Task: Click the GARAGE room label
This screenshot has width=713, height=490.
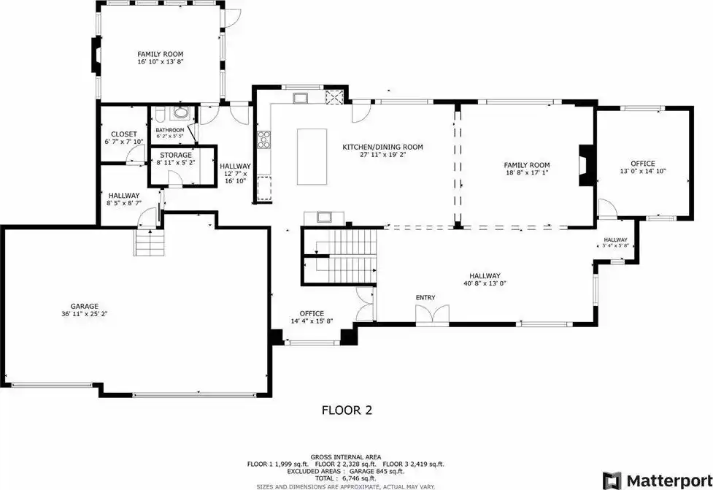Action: tap(84, 306)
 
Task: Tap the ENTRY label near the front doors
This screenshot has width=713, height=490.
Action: tap(425, 297)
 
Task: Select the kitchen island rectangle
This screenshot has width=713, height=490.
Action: tap(312, 156)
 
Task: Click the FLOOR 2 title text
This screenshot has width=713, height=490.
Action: tap(347, 410)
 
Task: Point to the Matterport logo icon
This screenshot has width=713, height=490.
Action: tap(612, 481)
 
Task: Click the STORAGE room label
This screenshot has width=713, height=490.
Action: tap(176, 155)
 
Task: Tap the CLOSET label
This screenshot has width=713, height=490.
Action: tap(123, 134)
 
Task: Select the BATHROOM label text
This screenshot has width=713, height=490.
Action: tap(170, 130)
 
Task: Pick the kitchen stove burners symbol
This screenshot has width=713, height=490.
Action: tap(263, 139)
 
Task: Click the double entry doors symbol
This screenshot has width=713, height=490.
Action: tap(432, 315)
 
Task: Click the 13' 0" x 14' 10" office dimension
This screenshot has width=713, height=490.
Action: tap(642, 171)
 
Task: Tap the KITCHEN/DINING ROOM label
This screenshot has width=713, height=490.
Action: tap(382, 147)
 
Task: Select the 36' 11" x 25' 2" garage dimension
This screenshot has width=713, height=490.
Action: tap(84, 313)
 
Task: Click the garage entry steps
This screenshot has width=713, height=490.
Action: tap(148, 242)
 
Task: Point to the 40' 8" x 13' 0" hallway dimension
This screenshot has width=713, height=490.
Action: tap(485, 283)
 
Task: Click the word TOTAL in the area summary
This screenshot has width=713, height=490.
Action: tap(326, 478)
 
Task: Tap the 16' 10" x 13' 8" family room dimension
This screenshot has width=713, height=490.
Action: tap(161, 61)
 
